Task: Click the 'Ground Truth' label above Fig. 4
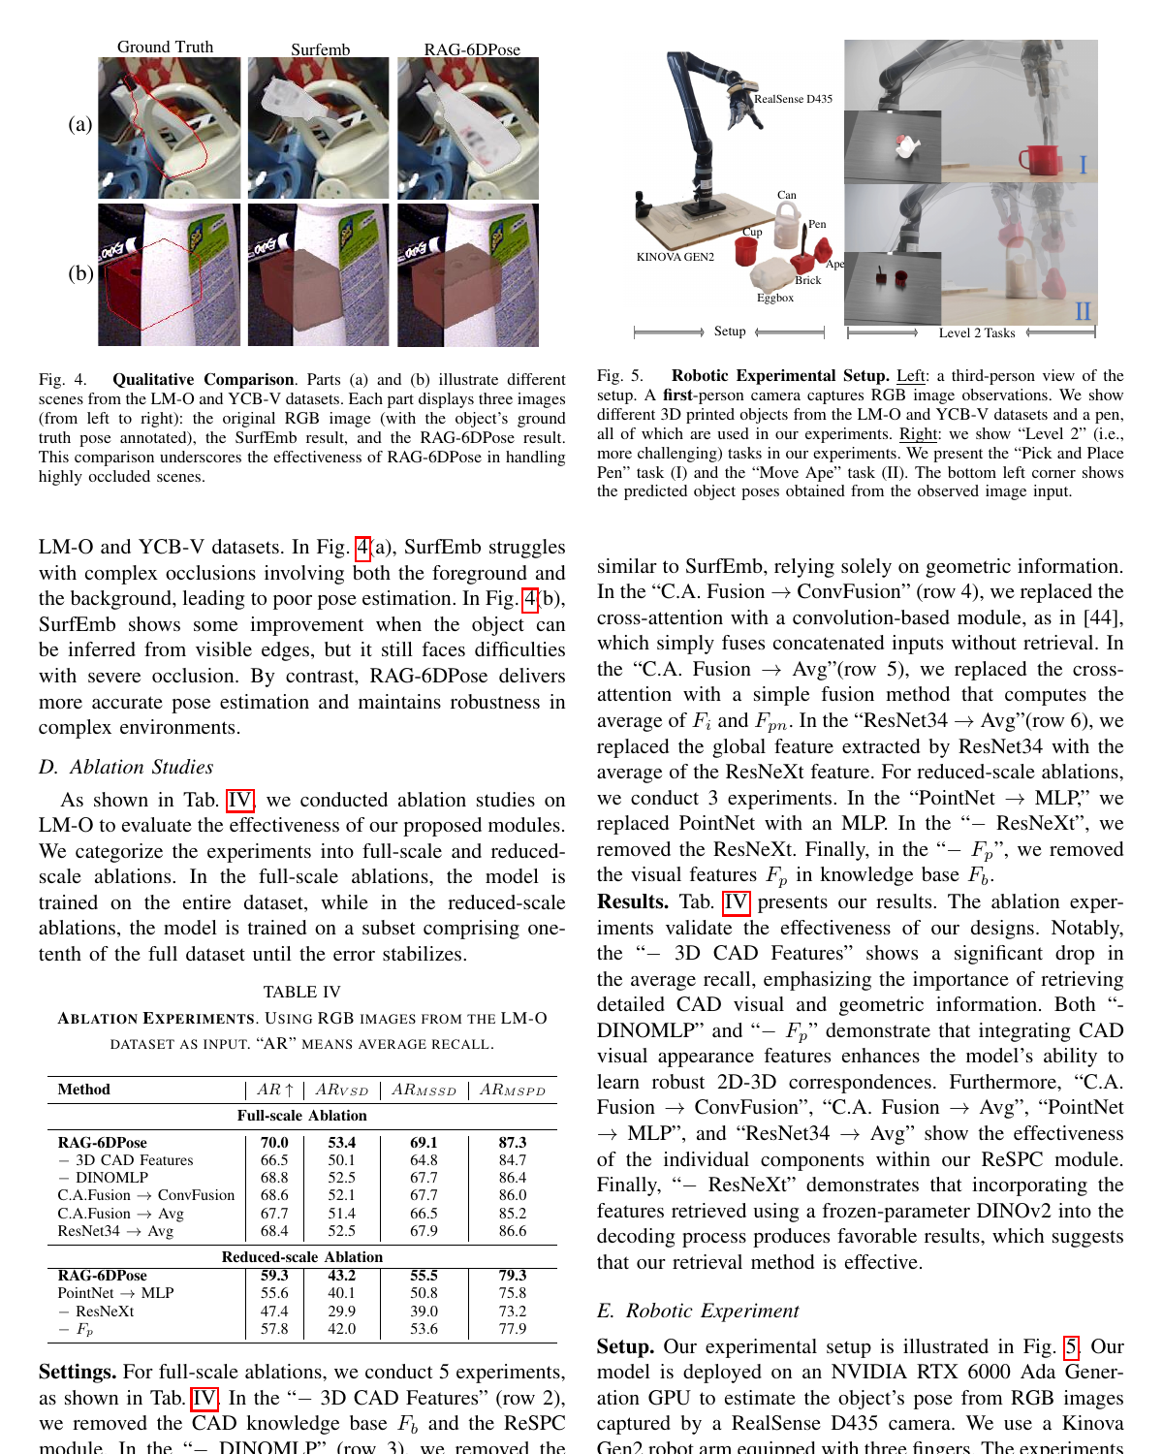click(x=165, y=47)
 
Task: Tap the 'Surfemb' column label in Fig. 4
click(x=321, y=49)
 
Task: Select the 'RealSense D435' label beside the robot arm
click(x=793, y=99)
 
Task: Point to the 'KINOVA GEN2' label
click(x=676, y=257)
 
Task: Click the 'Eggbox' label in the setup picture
click(x=775, y=298)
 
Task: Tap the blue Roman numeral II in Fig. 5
click(x=1083, y=311)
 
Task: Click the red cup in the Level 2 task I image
click(x=1046, y=159)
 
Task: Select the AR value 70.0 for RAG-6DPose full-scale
click(x=274, y=1142)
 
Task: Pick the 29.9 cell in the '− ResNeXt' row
click(x=341, y=1311)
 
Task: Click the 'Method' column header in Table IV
click(x=83, y=1090)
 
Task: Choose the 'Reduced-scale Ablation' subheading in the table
click(x=302, y=1256)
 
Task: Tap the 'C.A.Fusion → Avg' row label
click(x=120, y=1214)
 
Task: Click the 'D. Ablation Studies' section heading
click(x=126, y=767)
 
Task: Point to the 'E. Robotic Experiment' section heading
click(x=698, y=1311)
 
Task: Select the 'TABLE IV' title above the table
click(x=302, y=992)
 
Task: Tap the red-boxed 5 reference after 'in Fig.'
click(x=1071, y=1347)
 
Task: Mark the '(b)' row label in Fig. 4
click(x=80, y=273)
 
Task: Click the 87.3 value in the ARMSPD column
click(x=513, y=1142)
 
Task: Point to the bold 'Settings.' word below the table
click(x=77, y=1373)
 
